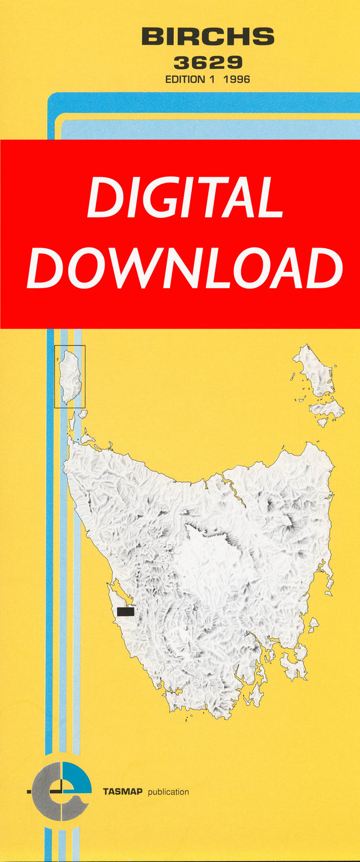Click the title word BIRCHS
pos(208,38)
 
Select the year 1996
pos(237,79)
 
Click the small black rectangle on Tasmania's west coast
pos(125,612)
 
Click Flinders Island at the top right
pos(315,371)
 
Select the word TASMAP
pos(122,792)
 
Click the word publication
pos(168,792)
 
